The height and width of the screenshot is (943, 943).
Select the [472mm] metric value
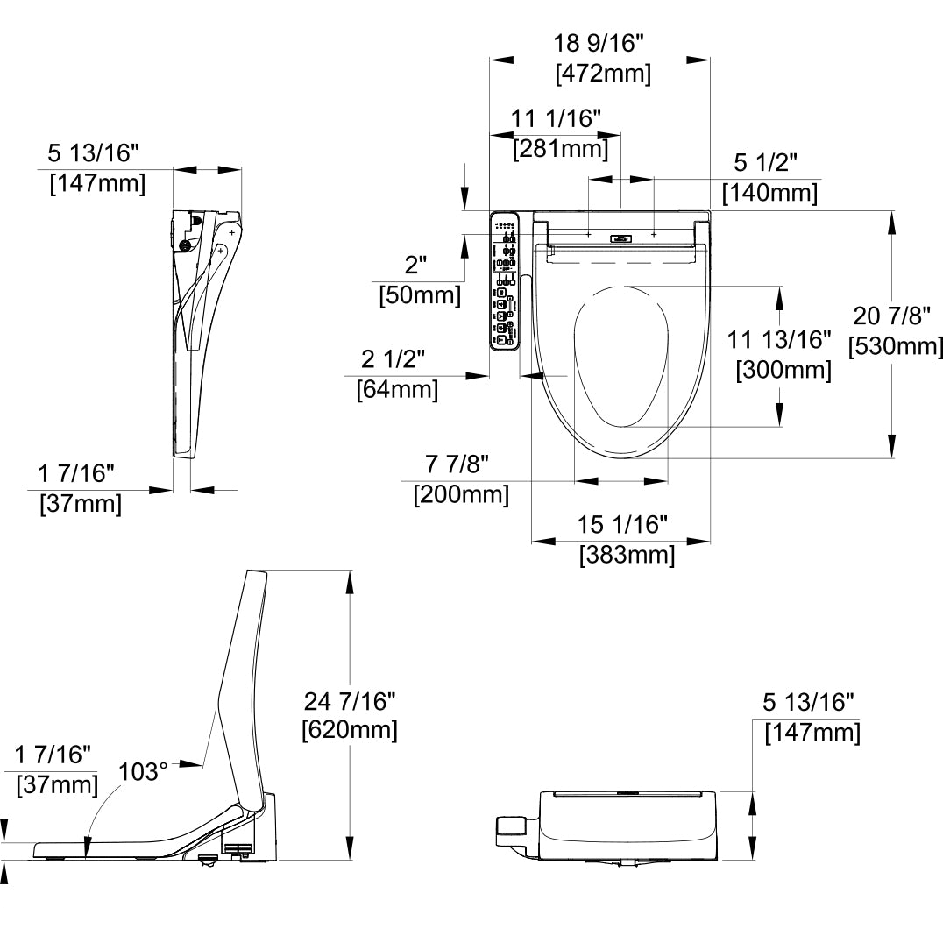point(603,74)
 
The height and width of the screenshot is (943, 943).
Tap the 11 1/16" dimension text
point(557,118)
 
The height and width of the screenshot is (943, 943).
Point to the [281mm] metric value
point(560,149)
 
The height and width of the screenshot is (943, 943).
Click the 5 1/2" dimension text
point(766,162)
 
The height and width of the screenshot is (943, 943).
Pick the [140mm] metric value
point(769,192)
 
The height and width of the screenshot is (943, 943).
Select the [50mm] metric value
point(419,295)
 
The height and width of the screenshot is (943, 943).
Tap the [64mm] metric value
point(396,389)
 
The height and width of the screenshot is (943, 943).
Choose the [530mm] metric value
point(896,346)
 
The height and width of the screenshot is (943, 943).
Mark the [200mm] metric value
point(461,494)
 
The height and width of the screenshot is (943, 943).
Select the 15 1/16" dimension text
point(623,524)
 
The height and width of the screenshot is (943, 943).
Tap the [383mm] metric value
point(627,555)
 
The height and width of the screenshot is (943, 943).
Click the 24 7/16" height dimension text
point(350,700)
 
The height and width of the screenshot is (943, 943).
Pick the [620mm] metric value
point(349,730)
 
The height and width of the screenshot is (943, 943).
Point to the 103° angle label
point(143,772)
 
